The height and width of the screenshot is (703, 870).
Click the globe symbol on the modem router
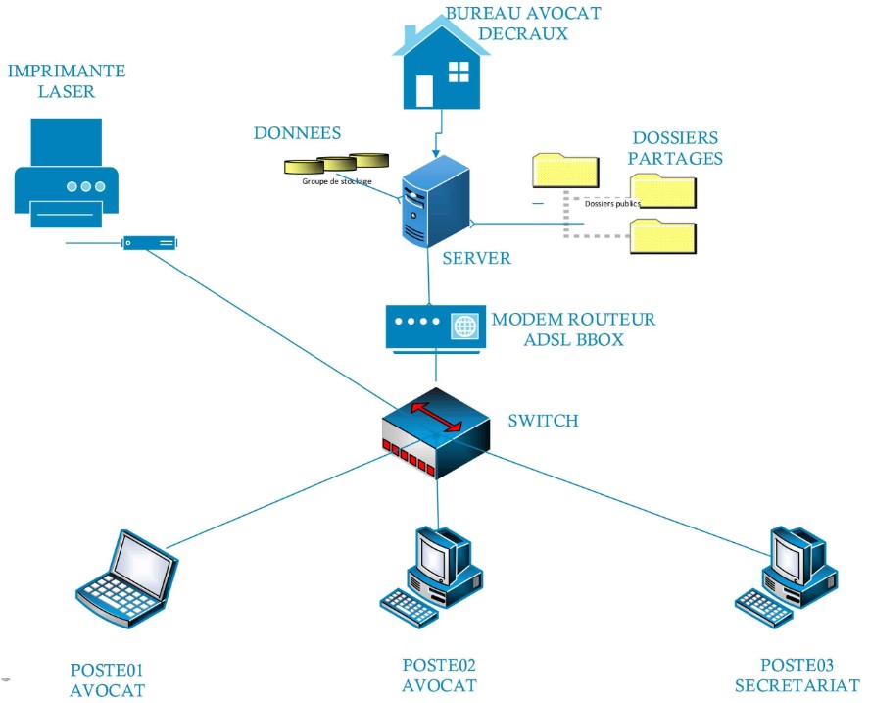click(x=464, y=326)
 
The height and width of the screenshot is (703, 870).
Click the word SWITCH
click(x=543, y=421)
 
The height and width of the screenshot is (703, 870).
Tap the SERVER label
click(x=476, y=258)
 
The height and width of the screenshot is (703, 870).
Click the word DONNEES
click(x=297, y=133)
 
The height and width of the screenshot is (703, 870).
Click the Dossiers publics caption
click(x=611, y=205)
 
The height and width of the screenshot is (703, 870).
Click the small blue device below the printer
click(x=149, y=242)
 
